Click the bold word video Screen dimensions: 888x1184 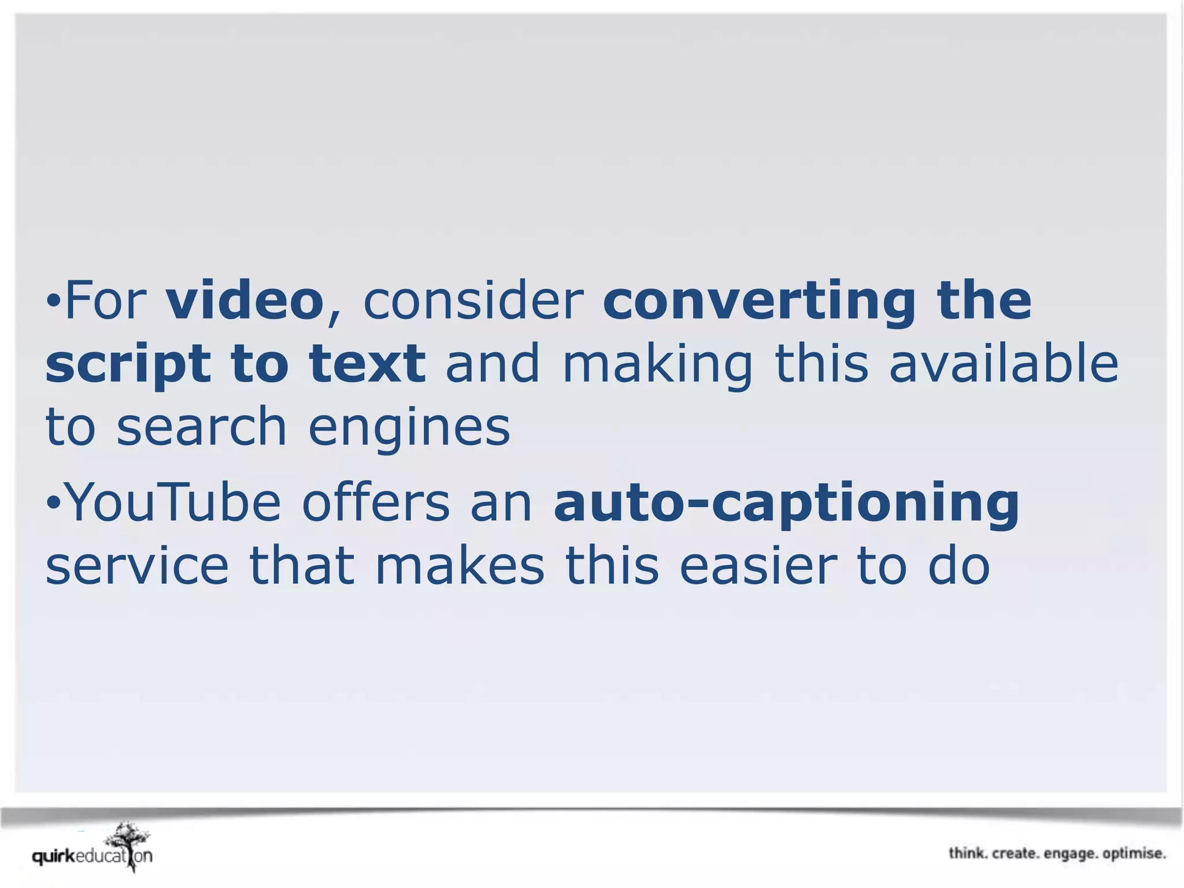[245, 301]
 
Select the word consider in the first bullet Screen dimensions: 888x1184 [473, 301]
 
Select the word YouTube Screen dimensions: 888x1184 [174, 502]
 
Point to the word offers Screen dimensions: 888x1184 [375, 502]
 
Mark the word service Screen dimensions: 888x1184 [137, 566]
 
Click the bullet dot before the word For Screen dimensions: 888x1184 [53, 300]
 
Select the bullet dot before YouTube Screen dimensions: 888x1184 [53, 502]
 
